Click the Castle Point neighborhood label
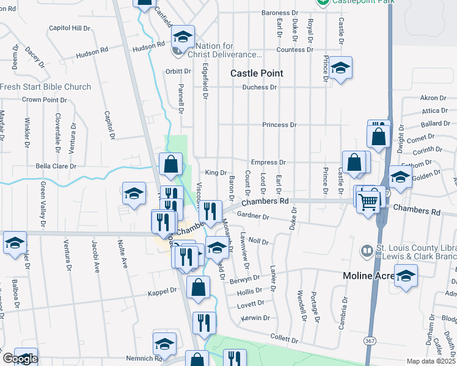257,73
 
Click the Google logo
20,359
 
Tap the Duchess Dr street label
260,87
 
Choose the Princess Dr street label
279,124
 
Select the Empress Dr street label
268,162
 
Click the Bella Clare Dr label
56,166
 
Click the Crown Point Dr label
44,99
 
